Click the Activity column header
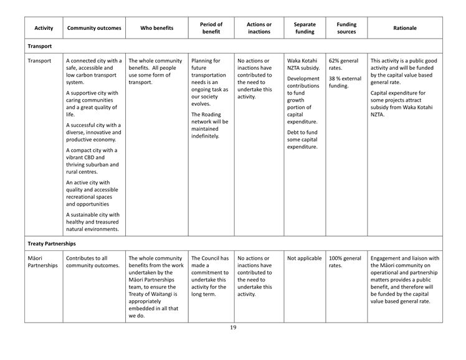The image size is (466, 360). point(44,28)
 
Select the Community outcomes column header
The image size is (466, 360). point(93,28)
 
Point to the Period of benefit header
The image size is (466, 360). point(211,28)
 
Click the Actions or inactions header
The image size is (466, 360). point(259,28)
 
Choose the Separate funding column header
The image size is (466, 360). point(304,28)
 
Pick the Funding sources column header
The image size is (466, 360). point(346,28)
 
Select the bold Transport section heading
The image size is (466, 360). point(39,46)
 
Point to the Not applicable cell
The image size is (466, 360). point(304,258)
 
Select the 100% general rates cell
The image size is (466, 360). point(345,262)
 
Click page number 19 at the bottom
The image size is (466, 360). point(233,328)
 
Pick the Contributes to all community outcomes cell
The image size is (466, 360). point(91,262)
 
